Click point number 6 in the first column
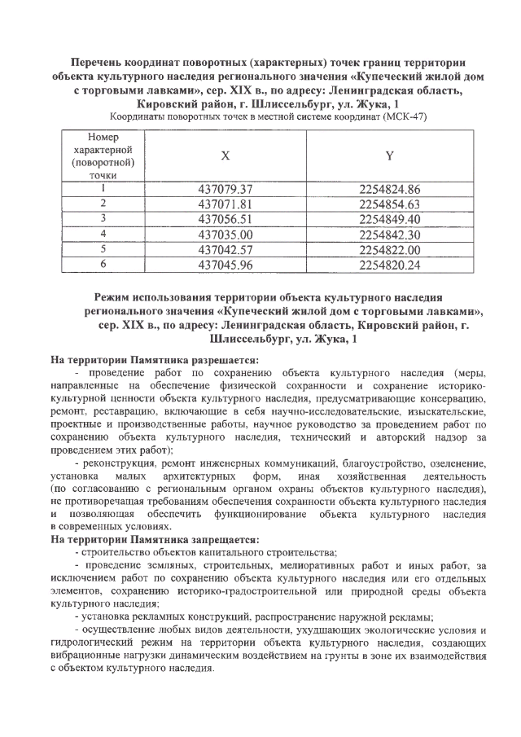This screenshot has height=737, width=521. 103,264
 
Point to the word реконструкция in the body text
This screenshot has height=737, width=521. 116,463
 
